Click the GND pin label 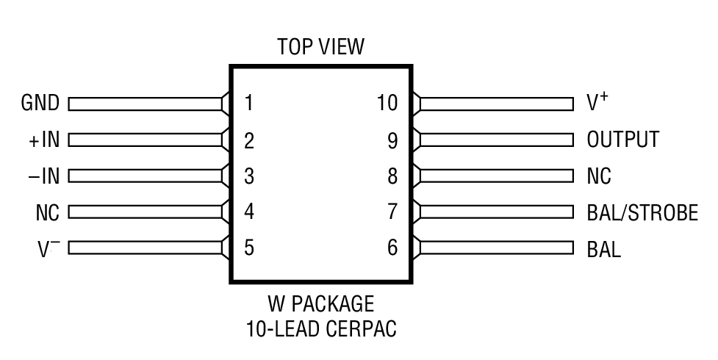coord(40,103)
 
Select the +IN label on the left coord(40,140)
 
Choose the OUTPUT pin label coord(622,140)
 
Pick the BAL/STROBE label coord(642,212)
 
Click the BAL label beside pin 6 coord(603,249)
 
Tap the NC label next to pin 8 coord(599,176)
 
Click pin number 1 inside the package coord(248,103)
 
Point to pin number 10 coord(387,103)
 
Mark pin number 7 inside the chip coord(392,212)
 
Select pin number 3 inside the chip coord(248,176)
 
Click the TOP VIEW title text coord(320,48)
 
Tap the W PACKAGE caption coord(320,303)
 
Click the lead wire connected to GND coord(146,104)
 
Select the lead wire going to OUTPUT coord(496,140)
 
